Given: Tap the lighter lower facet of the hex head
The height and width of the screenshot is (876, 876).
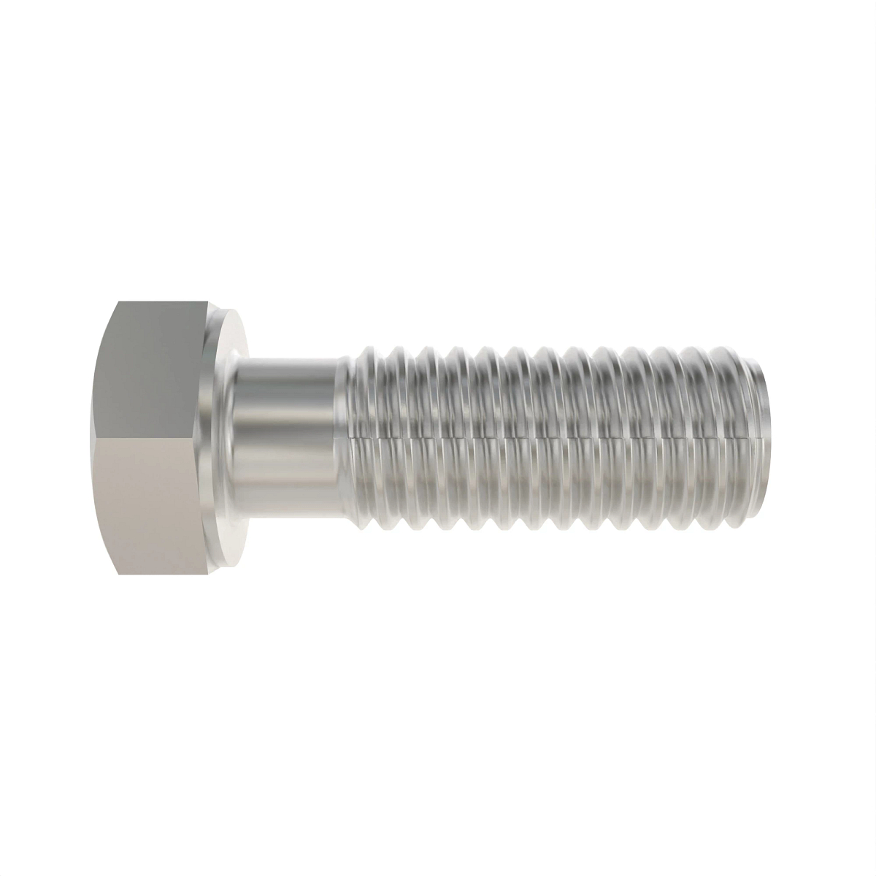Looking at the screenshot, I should (x=157, y=504).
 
